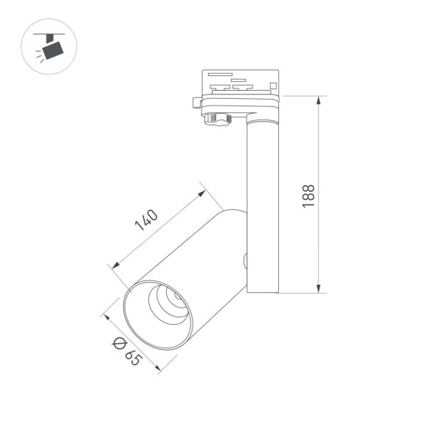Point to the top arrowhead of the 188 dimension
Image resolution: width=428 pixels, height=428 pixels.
click(319, 99)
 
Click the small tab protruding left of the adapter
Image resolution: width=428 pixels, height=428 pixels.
click(196, 102)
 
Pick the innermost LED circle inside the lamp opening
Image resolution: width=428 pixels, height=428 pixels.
click(177, 297)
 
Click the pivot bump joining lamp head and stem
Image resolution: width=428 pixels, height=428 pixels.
click(245, 259)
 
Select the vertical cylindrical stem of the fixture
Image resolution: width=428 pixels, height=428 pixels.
click(263, 207)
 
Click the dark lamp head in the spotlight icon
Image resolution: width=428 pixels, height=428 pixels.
click(52, 49)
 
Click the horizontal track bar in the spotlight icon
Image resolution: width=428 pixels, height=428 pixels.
click(49, 33)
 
